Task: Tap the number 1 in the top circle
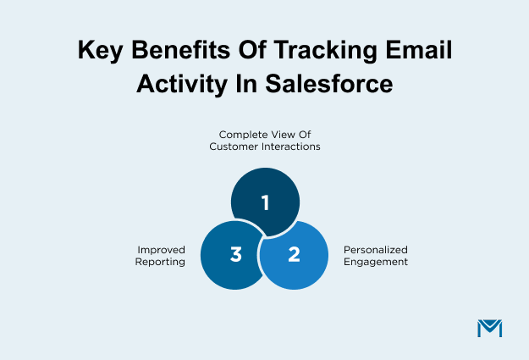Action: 265,202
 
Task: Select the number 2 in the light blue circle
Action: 294,255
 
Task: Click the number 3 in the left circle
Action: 236,255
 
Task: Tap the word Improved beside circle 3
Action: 161,250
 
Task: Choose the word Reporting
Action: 161,262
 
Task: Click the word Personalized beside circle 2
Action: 375,250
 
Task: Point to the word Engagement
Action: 375,262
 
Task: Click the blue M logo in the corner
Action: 489,329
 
